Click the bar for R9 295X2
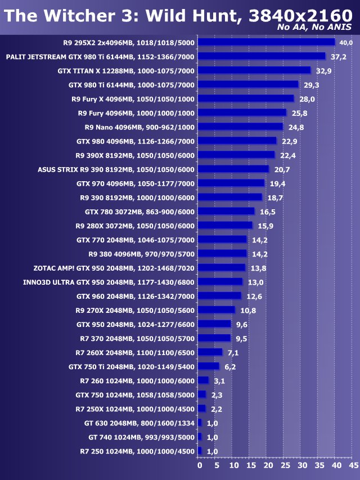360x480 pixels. (267, 42)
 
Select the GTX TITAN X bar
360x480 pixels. (254, 70)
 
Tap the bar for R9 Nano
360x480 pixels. (241, 127)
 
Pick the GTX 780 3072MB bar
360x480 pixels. (227, 211)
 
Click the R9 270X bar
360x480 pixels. (217, 310)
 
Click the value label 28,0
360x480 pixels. (307, 99)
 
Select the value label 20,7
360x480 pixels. (282, 169)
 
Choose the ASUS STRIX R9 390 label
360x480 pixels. (116, 169)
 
